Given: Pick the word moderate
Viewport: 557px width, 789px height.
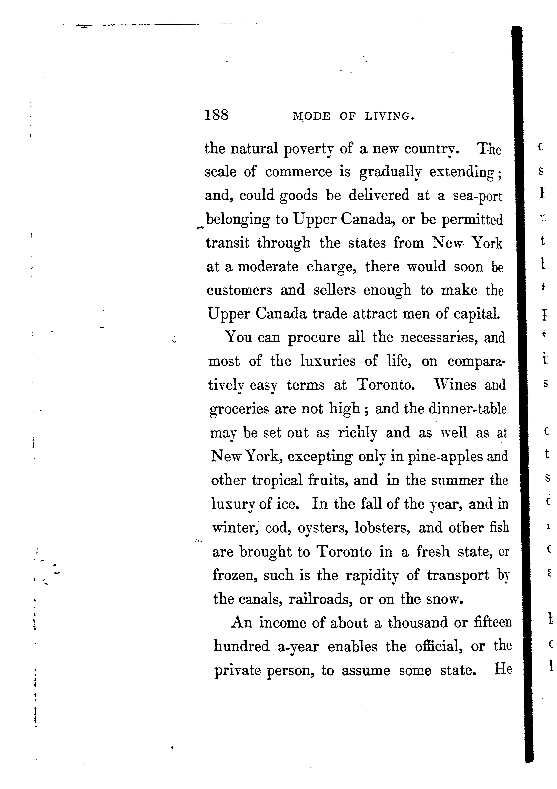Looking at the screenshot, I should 268,267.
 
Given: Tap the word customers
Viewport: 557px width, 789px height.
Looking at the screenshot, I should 239,290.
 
